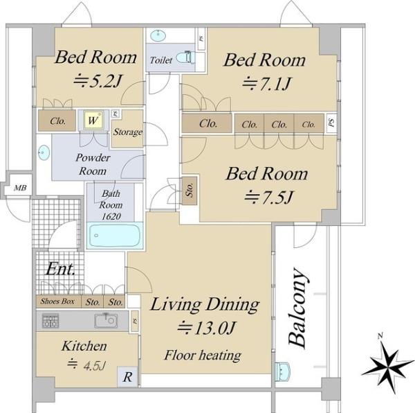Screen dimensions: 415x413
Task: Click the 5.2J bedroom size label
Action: pyautogui.click(x=98, y=81)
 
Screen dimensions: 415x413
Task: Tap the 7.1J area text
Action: pyautogui.click(x=266, y=84)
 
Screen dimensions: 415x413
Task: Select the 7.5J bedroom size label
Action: pyautogui.click(x=269, y=197)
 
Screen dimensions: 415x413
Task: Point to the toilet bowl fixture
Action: pyautogui.click(x=185, y=57)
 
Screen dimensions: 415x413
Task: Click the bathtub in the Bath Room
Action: pyautogui.click(x=115, y=236)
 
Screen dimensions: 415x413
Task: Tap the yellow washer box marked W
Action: pyautogui.click(x=93, y=121)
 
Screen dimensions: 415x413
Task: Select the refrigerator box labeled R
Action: pyautogui.click(x=127, y=377)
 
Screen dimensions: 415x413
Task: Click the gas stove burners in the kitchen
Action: pyautogui.click(x=50, y=321)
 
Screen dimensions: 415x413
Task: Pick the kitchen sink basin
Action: pyautogui.click(x=106, y=321)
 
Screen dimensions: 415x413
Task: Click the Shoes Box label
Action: pyautogui.click(x=57, y=301)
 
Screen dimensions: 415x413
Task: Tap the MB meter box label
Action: pyautogui.click(x=20, y=188)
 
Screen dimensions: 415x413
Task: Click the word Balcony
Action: pyautogui.click(x=297, y=308)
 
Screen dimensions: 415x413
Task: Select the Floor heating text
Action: pyautogui.click(x=203, y=355)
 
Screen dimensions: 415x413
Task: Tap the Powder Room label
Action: pyautogui.click(x=93, y=164)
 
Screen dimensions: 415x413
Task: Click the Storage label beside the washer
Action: pyautogui.click(x=128, y=132)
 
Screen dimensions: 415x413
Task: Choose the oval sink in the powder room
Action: pyautogui.click(x=44, y=152)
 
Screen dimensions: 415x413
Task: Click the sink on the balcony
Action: pyautogui.click(x=283, y=371)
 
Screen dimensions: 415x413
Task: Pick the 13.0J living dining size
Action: pyautogui.click(x=206, y=328)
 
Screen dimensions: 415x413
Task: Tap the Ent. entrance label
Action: pyautogui.click(x=61, y=270)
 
